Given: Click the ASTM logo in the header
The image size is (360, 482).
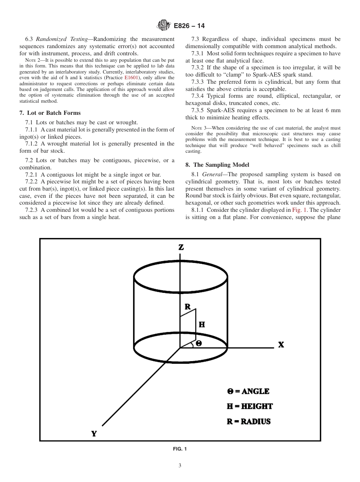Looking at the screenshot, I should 164,26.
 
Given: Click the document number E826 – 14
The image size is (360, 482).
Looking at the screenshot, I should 189,26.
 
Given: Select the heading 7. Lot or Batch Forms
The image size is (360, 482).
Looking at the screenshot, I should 50,113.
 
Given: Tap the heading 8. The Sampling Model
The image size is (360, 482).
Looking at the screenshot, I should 217,165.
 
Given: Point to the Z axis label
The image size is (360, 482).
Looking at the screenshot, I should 181,247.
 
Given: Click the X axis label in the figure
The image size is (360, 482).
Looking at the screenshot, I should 281,345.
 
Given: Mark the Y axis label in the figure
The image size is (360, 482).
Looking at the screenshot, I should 94,434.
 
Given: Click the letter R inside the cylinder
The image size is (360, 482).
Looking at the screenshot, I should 188,307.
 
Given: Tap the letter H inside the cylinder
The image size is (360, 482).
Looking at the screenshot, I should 202,324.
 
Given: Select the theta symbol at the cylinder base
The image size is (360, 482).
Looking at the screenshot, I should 199,343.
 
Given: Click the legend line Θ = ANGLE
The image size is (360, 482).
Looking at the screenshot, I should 248,391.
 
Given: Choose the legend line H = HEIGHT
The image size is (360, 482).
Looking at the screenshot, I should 250,406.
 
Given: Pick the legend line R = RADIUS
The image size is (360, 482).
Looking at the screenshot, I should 249,421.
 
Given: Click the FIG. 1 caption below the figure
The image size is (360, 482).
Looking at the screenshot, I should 180,449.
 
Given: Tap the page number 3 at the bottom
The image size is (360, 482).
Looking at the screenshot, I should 180,466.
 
